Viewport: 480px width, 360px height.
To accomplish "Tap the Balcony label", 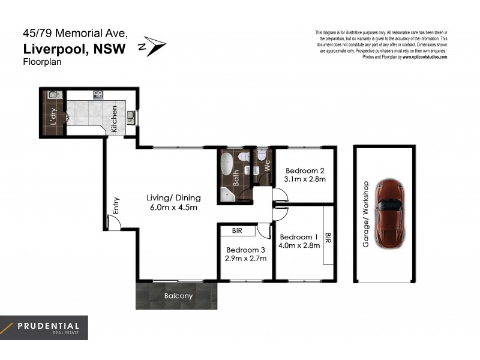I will click(x=178, y=296).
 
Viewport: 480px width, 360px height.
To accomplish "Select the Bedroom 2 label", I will click(x=305, y=169).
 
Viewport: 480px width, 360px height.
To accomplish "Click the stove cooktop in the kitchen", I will click(x=97, y=95).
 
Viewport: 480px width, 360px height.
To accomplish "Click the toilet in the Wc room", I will click(x=261, y=157).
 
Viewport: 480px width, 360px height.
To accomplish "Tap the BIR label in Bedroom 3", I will click(x=236, y=230).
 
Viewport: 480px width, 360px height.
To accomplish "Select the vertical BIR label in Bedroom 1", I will click(x=328, y=238).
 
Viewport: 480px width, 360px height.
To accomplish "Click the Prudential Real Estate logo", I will click(x=44, y=328).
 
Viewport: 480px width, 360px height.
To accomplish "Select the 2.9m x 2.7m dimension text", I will click(x=246, y=259).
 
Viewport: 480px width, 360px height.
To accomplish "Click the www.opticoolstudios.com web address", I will click(x=425, y=57).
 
